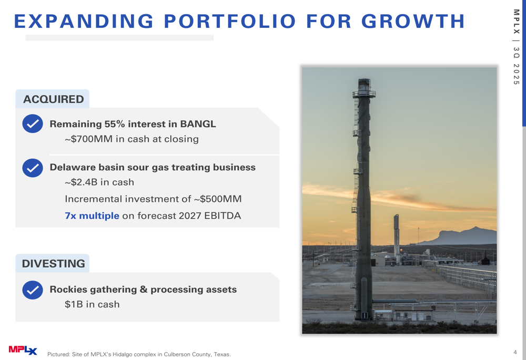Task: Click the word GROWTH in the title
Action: click(413, 21)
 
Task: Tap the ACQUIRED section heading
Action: click(53, 99)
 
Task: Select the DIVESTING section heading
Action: click(53, 263)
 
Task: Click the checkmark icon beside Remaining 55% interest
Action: click(33, 124)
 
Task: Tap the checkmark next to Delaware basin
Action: click(33, 168)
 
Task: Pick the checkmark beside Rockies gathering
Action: click(33, 290)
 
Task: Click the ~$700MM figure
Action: click(88, 139)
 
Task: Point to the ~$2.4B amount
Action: click(81, 182)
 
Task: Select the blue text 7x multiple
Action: click(92, 215)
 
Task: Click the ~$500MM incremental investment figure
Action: click(217, 199)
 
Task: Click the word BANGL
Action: click(198, 124)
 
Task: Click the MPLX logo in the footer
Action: click(23, 350)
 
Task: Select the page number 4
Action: click(515, 352)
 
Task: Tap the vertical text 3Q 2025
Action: click(517, 66)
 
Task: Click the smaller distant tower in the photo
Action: click(397, 234)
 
